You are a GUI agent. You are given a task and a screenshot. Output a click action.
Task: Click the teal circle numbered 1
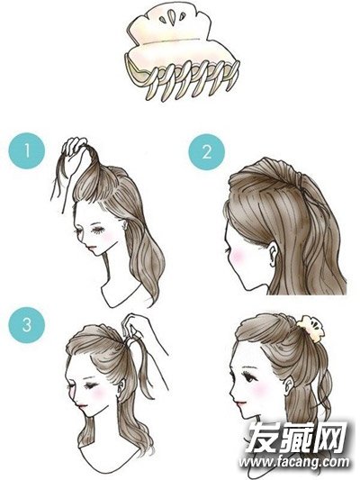27,150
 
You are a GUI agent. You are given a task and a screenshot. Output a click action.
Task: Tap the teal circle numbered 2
207,152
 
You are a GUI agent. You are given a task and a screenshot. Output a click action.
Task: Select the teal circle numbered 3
27,325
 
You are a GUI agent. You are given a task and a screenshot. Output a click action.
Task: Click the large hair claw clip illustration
181,53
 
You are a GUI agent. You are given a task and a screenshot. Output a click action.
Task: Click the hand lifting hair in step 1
74,153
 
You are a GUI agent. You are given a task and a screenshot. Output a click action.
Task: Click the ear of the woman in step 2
272,253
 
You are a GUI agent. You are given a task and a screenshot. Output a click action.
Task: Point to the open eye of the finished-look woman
248,377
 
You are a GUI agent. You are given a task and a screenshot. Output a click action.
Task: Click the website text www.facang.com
293,462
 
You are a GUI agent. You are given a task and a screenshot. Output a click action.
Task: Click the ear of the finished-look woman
288,387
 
